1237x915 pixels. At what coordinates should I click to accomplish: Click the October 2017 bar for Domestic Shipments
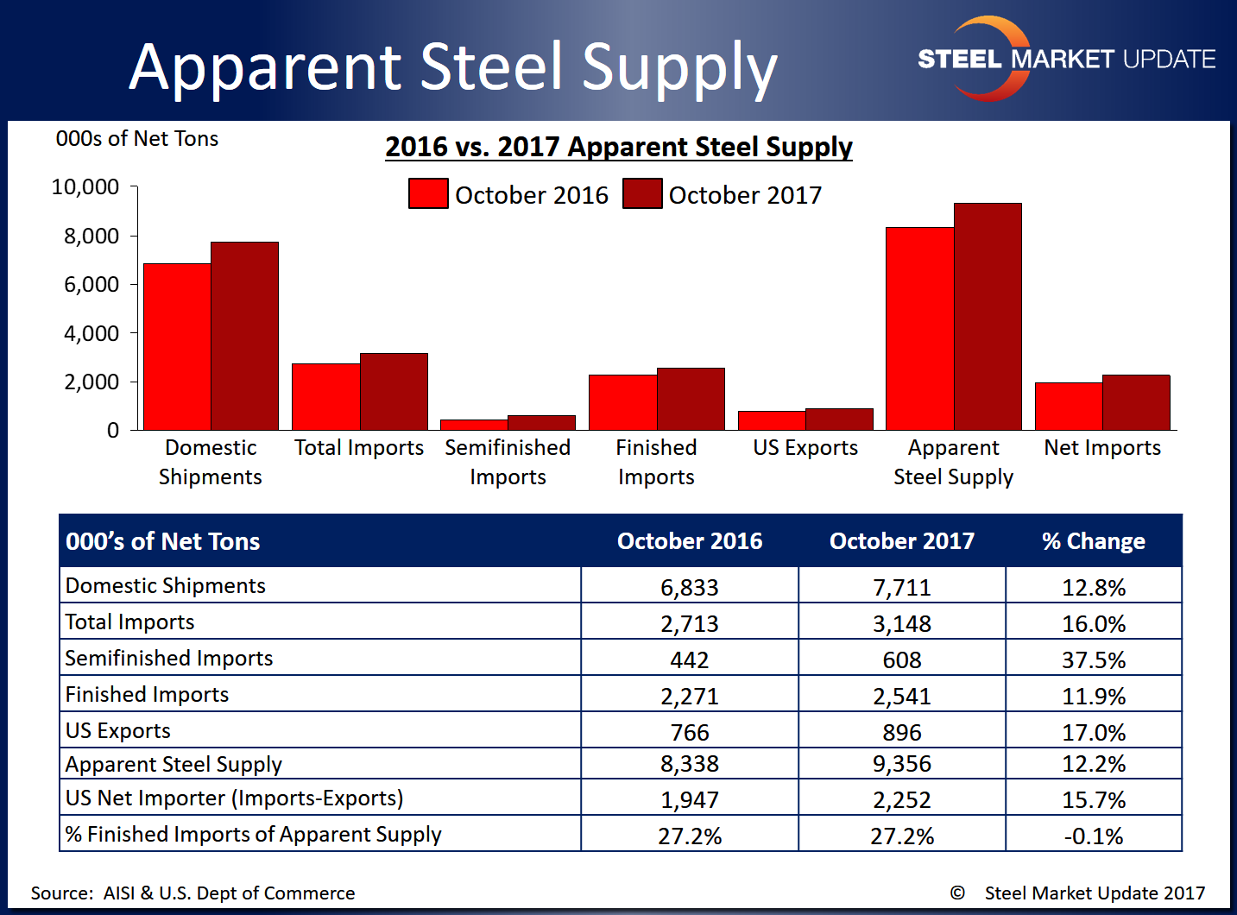244,336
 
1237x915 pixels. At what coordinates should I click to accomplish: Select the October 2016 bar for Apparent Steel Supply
919,329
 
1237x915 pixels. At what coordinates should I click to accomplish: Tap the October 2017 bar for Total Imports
394,391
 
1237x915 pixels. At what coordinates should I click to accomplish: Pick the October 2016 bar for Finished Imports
622,402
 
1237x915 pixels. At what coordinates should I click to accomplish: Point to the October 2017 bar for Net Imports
1136,402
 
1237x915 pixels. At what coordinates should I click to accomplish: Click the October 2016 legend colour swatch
428,194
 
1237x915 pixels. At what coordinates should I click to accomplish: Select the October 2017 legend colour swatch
642,194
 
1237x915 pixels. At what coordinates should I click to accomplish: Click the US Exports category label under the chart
805,448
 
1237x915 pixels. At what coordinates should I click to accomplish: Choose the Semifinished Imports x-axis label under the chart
508,462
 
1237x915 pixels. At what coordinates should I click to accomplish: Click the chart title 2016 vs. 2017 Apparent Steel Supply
619,147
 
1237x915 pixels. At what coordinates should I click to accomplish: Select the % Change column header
1094,541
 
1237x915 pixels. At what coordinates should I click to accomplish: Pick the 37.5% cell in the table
1094,660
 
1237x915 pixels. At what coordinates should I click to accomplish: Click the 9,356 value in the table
902,764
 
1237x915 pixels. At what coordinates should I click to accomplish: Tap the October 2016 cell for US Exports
690,733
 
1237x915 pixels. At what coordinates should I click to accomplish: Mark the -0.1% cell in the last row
1094,836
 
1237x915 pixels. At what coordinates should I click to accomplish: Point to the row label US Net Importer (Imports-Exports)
235,798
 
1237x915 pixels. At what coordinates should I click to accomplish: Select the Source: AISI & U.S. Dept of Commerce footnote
193,893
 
